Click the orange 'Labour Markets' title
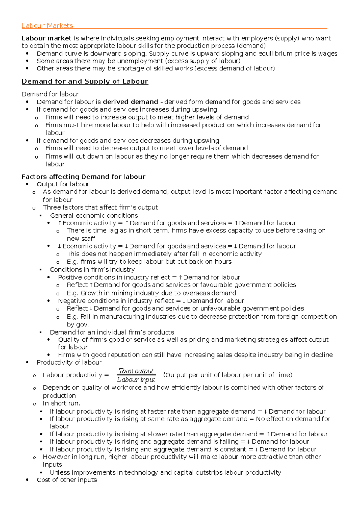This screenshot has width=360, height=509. pos(47,26)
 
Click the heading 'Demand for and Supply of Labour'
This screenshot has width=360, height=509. pos(85,82)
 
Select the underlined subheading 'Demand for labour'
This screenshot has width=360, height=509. pos(50,94)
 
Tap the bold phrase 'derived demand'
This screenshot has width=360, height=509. pos(130,102)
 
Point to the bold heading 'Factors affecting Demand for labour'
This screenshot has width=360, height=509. pos(83,177)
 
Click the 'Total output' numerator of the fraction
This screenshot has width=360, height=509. pos(136,371)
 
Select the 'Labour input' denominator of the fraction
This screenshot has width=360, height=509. pos(136,380)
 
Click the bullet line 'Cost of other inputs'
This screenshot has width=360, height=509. pos(67,480)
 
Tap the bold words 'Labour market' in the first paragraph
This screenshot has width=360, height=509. pos(46,38)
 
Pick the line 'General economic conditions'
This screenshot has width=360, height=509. pos(94,216)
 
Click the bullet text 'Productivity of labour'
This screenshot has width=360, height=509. pos(69,362)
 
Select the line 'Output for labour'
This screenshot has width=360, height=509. pos(63,184)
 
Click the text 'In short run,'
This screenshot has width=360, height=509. pos(61,403)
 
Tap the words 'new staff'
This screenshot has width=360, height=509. pos(81,239)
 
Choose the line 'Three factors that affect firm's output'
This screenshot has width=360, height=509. pos(100,207)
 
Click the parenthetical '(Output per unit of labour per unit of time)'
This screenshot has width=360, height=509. pos(228,375)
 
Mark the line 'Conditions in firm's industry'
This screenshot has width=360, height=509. pos(92,269)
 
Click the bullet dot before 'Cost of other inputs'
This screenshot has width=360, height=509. pos(28,480)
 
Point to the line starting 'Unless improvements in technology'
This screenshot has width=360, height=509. pos(165,472)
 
